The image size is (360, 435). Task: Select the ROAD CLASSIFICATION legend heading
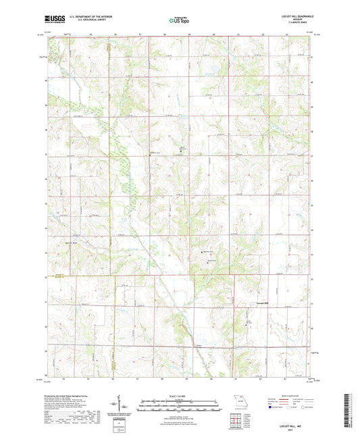point(294,396)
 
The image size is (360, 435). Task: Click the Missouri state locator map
point(236,402)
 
